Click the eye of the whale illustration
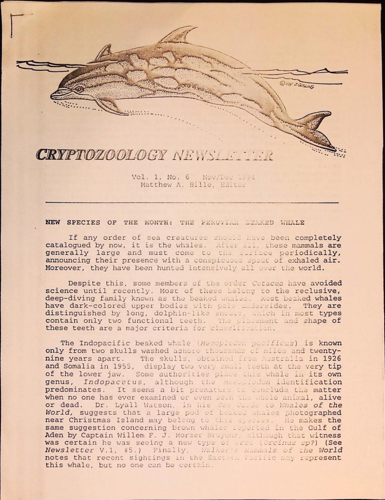click(79, 89)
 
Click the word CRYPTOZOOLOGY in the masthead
click(100, 155)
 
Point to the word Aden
click(54, 436)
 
